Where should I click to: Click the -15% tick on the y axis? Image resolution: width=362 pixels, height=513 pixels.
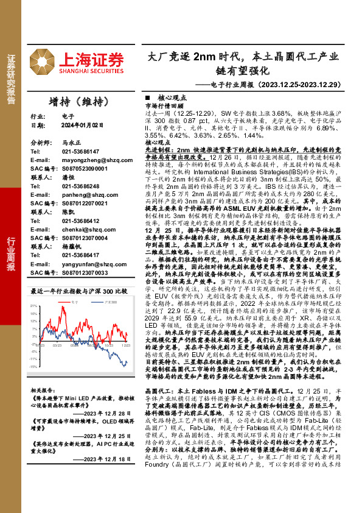tap(35, 367)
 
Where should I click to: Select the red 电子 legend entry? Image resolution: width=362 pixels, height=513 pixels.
tap(60, 301)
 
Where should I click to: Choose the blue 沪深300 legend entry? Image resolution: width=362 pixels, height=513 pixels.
tap(91, 301)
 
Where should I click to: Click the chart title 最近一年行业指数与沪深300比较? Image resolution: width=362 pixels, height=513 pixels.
tap(83, 291)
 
